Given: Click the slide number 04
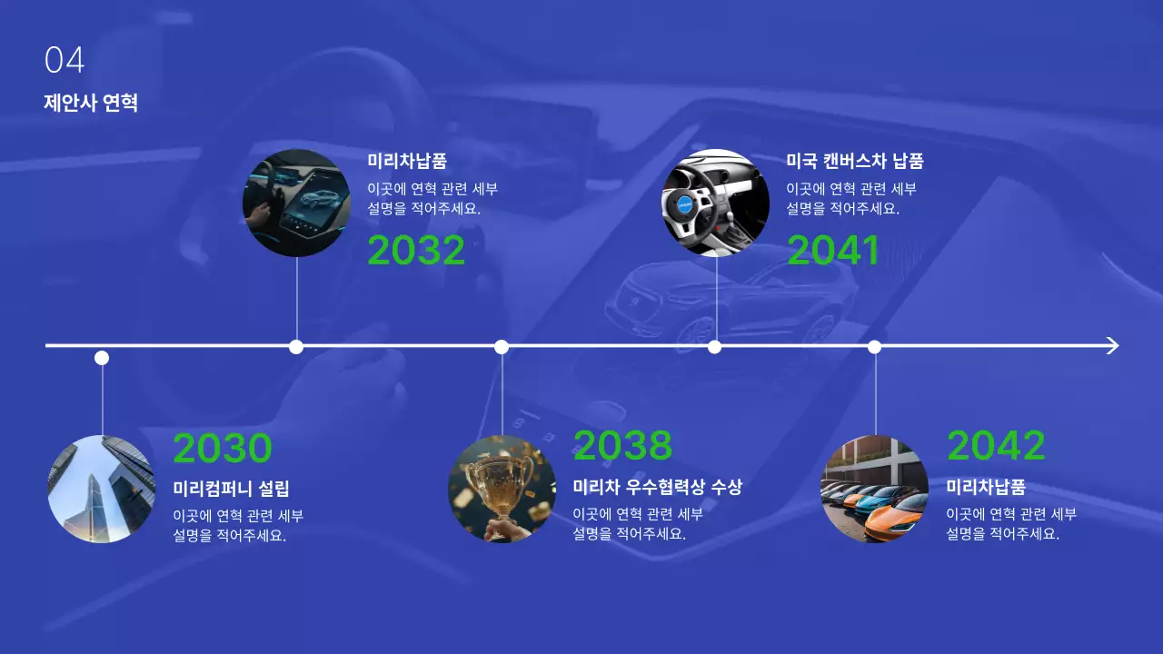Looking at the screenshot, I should point(64,61).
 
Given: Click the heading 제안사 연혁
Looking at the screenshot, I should point(91,102).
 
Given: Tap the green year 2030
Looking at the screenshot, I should point(223,449).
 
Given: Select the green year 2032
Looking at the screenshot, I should point(416,251).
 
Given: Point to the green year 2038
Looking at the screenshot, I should point(622,445).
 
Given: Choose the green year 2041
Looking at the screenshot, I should point(833,251).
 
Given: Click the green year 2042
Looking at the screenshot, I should point(996,445).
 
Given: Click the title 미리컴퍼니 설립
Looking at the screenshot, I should point(231,489).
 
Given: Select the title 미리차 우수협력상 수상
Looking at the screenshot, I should point(657,487).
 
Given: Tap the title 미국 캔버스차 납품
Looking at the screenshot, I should point(854,162).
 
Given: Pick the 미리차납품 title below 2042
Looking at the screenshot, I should point(986,487).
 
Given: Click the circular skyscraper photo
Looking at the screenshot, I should point(102,490).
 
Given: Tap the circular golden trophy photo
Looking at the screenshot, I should point(502,490).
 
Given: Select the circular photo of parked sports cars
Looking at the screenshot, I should point(875,490).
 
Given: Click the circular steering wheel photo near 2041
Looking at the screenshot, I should point(716,203).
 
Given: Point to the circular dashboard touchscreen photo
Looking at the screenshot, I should point(297,203).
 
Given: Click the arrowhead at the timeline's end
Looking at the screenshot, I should point(1112,345).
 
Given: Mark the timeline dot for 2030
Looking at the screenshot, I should point(102,358).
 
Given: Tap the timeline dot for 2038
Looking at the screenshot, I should point(502,346).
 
